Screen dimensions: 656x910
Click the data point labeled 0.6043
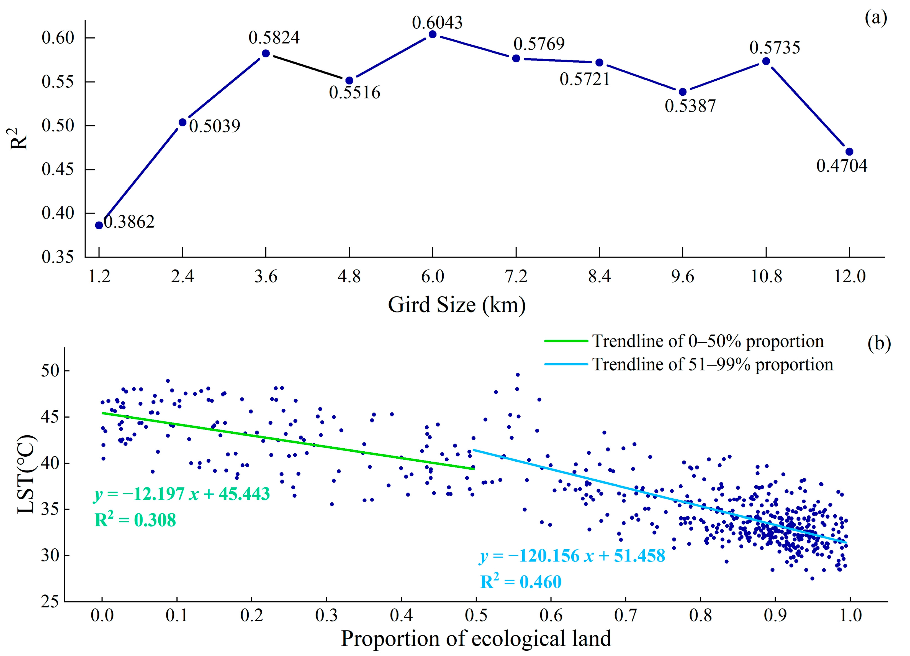click(433, 35)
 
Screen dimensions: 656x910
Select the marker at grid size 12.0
click(849, 152)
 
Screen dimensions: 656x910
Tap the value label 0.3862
click(129, 222)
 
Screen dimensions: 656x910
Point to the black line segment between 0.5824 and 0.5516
click(308, 67)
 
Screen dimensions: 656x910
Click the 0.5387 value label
click(690, 106)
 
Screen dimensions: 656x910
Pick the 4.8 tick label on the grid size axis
click(349, 276)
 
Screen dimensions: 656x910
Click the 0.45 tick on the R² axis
click(58, 169)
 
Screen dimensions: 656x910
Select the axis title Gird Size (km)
click(457, 305)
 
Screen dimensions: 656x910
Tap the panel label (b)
click(879, 344)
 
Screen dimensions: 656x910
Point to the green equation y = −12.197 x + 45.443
click(182, 494)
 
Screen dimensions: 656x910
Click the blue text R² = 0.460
click(521, 582)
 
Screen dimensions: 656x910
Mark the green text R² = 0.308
click(135, 520)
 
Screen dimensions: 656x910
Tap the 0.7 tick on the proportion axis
click(626, 615)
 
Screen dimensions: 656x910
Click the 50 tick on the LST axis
click(50, 370)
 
